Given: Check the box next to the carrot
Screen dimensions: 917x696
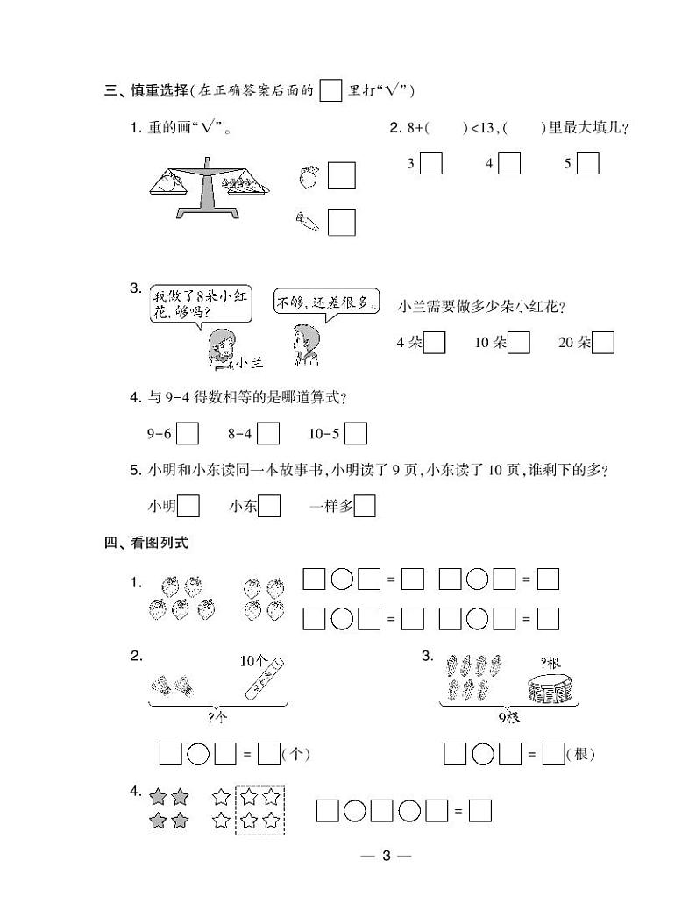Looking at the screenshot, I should (x=342, y=221).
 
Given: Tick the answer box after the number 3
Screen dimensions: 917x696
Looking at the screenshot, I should (x=430, y=163).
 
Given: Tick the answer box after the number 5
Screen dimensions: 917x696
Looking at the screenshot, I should (x=587, y=163).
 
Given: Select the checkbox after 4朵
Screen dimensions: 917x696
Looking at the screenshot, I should (x=434, y=343).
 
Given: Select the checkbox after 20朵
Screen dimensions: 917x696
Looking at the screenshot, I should (x=603, y=343).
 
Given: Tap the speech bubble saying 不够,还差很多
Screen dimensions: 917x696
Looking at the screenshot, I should (x=327, y=303).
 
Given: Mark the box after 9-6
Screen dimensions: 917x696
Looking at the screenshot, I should (x=188, y=433).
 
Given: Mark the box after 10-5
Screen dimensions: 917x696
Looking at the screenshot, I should (x=356, y=433).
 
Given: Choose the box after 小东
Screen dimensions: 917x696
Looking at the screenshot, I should (x=269, y=506).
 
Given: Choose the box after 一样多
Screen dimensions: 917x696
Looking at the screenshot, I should (x=365, y=506).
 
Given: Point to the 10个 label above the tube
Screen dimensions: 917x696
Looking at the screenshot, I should (x=253, y=660).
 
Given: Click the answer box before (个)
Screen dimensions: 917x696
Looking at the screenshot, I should (x=269, y=753).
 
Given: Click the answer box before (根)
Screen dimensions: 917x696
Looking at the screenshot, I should (x=553, y=753).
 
